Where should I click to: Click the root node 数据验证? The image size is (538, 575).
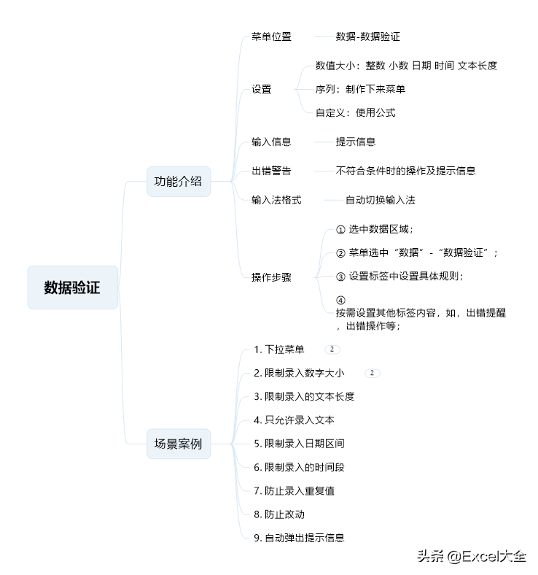(x=72, y=287)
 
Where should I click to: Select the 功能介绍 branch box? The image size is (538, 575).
(x=179, y=182)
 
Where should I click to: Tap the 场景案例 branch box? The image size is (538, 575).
(x=179, y=444)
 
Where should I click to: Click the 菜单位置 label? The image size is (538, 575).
(x=271, y=36)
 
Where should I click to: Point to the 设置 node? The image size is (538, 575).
(x=262, y=89)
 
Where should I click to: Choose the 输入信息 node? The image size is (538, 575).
(x=271, y=142)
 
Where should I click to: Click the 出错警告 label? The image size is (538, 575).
(x=271, y=171)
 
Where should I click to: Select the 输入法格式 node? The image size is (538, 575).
(x=276, y=200)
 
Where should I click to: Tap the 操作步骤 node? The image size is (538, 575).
(x=271, y=277)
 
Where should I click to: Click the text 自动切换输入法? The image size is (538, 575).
(x=381, y=200)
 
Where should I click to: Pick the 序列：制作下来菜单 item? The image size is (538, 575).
(x=360, y=89)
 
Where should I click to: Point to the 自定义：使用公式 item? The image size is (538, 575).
(x=356, y=112)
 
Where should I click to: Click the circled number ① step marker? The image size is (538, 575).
(x=340, y=230)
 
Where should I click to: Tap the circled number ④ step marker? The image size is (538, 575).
(x=340, y=301)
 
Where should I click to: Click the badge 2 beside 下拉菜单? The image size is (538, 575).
(x=332, y=350)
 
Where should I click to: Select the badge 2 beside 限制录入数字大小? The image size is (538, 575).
(x=373, y=373)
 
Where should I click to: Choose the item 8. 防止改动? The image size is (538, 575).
(x=279, y=514)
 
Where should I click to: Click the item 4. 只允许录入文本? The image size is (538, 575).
(x=294, y=420)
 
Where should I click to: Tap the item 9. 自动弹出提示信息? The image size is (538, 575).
(x=299, y=538)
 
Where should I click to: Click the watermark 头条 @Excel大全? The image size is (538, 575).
(x=472, y=556)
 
